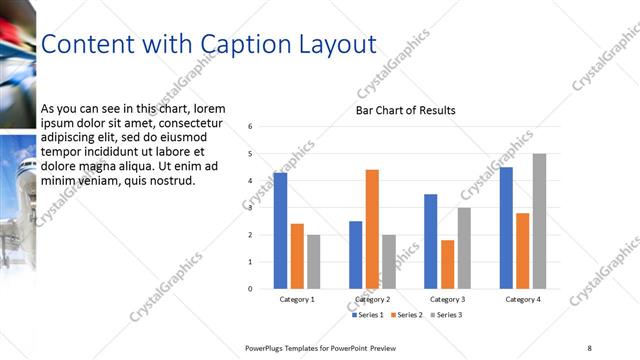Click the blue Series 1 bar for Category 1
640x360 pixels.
[280, 231]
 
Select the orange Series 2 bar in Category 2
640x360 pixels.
[372, 229]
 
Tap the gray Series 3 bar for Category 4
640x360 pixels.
[539, 221]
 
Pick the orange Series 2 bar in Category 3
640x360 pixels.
[447, 264]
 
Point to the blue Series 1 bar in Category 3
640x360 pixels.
[430, 241]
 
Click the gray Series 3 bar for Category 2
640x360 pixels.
[389, 262]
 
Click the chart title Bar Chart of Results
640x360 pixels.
[406, 110]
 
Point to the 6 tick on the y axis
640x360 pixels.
[250, 126]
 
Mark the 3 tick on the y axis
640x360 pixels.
[250, 208]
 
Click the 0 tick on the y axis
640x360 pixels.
[250, 289]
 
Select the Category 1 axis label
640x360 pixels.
[297, 299]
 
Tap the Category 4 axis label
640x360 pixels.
[523, 299]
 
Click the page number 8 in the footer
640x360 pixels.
[589, 347]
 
